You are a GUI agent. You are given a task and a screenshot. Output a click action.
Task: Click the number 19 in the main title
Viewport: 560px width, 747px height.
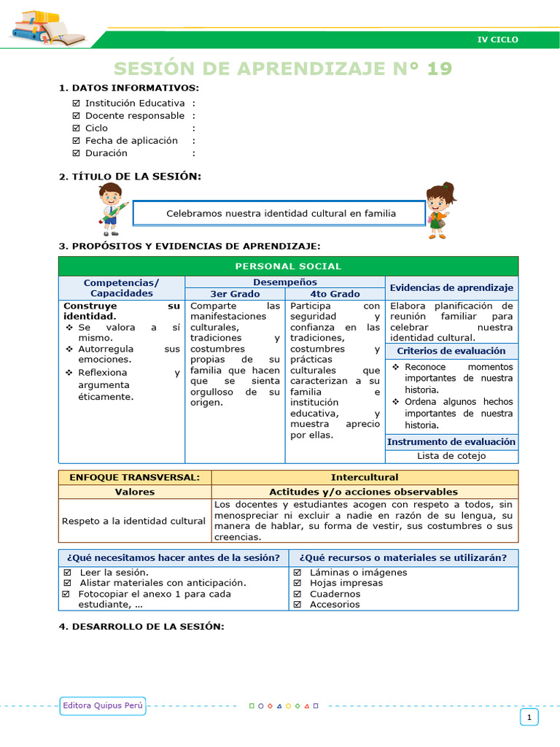(440, 69)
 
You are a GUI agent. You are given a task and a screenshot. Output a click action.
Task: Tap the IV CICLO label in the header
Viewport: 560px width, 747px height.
(497, 39)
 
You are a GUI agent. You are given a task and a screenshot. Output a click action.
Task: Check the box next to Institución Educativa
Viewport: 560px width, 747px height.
(77, 104)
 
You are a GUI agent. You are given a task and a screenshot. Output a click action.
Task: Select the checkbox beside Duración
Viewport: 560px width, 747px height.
(77, 153)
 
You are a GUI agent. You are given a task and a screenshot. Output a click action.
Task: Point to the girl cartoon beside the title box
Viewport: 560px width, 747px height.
(440, 209)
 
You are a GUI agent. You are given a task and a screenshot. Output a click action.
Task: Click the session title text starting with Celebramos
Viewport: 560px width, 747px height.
(281, 214)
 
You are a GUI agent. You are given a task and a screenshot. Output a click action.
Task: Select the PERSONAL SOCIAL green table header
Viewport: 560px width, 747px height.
(288, 266)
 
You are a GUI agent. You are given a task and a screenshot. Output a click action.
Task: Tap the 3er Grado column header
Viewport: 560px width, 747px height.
(235, 294)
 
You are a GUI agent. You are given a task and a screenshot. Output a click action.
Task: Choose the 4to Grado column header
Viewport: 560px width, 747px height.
(335, 294)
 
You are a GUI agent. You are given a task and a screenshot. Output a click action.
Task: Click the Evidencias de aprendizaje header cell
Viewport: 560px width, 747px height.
(451, 288)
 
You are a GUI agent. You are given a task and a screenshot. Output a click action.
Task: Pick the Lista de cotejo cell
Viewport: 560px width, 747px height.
(451, 456)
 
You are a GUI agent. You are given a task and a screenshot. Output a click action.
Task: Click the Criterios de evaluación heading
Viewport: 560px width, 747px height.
(451, 352)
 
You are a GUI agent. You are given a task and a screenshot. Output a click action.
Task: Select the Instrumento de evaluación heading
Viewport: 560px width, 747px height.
(451, 442)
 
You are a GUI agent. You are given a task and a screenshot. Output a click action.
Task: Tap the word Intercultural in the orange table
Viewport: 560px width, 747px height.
(365, 477)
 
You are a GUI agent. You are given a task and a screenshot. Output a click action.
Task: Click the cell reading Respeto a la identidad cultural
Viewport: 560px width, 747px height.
(134, 521)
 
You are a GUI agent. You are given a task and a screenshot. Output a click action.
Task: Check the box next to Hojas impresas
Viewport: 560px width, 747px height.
(297, 583)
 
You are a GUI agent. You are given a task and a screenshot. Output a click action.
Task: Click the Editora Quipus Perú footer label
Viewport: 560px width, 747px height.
(103, 705)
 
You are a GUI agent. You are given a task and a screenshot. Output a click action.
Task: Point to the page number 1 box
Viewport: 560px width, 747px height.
(529, 718)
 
